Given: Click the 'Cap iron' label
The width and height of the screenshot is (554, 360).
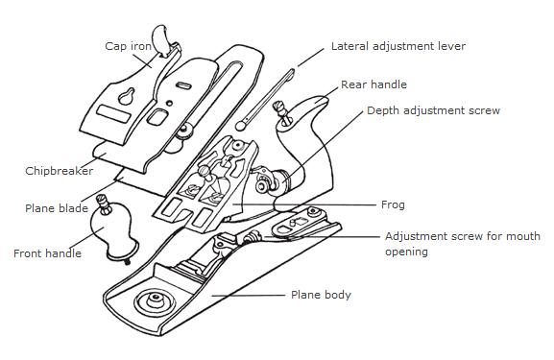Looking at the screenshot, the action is [x=129, y=46].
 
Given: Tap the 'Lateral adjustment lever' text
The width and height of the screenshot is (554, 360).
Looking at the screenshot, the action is [x=398, y=46].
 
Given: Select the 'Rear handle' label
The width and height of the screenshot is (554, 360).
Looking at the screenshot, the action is [x=373, y=84].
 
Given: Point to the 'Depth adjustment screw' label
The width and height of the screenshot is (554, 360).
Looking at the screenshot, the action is [x=434, y=110].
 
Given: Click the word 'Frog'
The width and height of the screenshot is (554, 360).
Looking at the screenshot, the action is [x=393, y=204].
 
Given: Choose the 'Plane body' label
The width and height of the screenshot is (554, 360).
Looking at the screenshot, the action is [x=321, y=295].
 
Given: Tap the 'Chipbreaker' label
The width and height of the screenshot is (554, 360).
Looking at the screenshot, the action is [x=60, y=171].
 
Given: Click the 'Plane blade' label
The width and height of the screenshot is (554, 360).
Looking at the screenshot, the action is [x=57, y=208].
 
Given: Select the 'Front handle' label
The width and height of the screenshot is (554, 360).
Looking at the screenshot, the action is [x=47, y=253].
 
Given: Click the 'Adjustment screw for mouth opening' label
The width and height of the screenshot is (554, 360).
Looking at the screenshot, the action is [x=463, y=244].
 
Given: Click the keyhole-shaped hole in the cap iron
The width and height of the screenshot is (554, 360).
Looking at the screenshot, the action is [x=126, y=96].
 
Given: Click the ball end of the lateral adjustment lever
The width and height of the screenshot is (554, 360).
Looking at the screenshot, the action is [x=241, y=125].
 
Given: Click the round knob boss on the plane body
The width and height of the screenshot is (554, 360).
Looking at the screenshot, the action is [x=156, y=301].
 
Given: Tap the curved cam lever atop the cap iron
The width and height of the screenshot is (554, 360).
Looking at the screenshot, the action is [x=160, y=39].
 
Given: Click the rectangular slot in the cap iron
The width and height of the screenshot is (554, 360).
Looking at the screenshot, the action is [x=112, y=113].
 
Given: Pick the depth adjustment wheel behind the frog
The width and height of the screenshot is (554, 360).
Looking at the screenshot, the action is [x=282, y=180].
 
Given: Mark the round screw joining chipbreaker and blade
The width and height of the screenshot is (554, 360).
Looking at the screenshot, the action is [x=185, y=131].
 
